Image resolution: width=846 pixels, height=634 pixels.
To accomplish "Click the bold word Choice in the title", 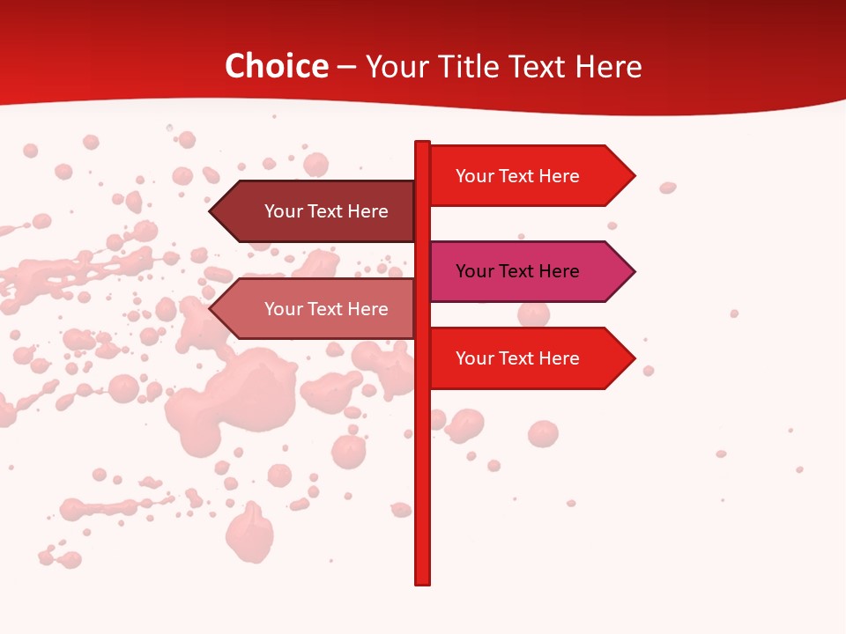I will click(276, 67).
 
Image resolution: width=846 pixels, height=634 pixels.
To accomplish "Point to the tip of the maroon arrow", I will click(211, 211).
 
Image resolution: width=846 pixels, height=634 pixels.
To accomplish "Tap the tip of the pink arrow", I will click(634, 271).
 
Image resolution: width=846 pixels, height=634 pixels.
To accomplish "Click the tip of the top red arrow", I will click(634, 176).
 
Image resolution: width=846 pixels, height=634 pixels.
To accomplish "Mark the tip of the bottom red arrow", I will click(634, 358).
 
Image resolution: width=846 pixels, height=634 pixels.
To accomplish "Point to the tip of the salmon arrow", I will click(211, 309).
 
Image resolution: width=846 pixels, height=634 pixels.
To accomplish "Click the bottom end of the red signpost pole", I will click(422, 581).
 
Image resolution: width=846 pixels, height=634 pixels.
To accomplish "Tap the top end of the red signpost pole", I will click(422, 144).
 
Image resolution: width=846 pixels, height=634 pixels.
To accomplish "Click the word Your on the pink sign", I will click(475, 271).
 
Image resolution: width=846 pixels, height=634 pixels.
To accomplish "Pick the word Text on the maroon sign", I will click(326, 211).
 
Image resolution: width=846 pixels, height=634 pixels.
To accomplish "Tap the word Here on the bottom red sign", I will click(559, 358).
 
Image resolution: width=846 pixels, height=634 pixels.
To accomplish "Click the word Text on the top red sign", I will click(517, 176).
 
